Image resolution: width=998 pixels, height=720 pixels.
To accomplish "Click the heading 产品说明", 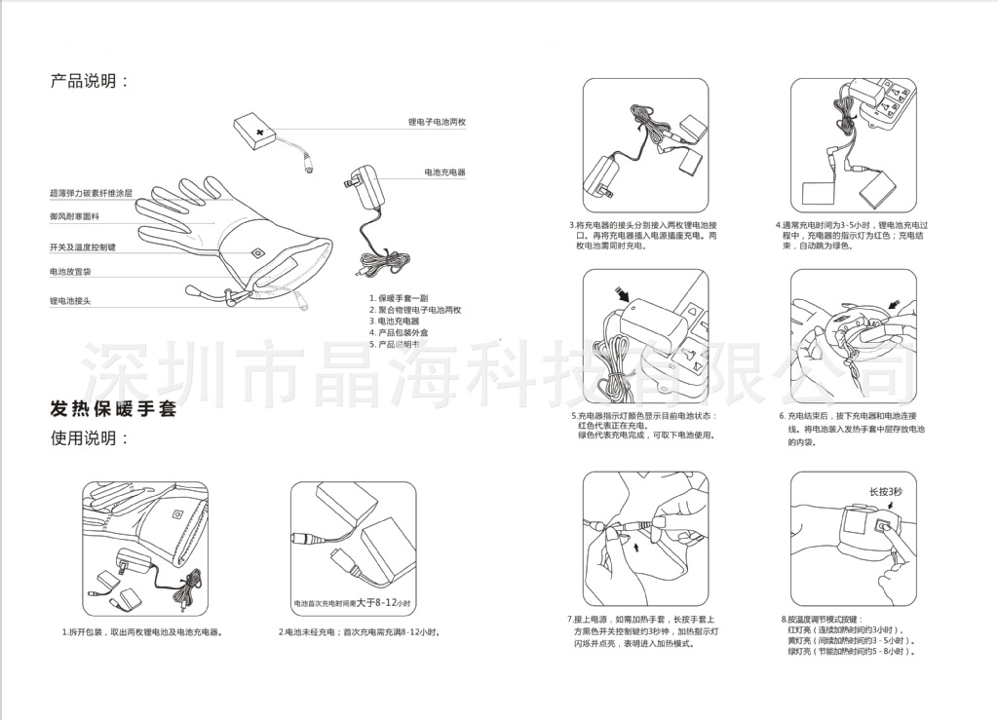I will [89, 81].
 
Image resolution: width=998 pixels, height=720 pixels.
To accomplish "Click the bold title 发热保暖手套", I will [113, 409].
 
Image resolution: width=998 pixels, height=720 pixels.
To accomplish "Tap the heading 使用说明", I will [89, 438].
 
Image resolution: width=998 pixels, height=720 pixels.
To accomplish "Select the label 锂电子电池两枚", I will [437, 123].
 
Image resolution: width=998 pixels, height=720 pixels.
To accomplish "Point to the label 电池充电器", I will [444, 172].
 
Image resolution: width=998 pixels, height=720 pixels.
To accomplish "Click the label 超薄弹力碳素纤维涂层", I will [91, 194].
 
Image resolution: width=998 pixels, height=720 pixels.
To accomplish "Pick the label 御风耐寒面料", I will [74, 216].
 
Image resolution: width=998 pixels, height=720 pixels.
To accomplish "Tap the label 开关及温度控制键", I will [83, 247].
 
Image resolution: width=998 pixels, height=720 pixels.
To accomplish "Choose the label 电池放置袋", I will [72, 272].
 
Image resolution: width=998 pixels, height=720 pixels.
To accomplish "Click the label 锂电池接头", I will [70, 301].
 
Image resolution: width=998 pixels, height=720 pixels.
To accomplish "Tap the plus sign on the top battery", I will [259, 130].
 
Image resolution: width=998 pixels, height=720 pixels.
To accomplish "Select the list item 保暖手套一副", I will [400, 297].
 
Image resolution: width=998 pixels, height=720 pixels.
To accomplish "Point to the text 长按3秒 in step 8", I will [886, 492].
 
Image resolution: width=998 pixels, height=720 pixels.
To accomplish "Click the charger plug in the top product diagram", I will [352, 182].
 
